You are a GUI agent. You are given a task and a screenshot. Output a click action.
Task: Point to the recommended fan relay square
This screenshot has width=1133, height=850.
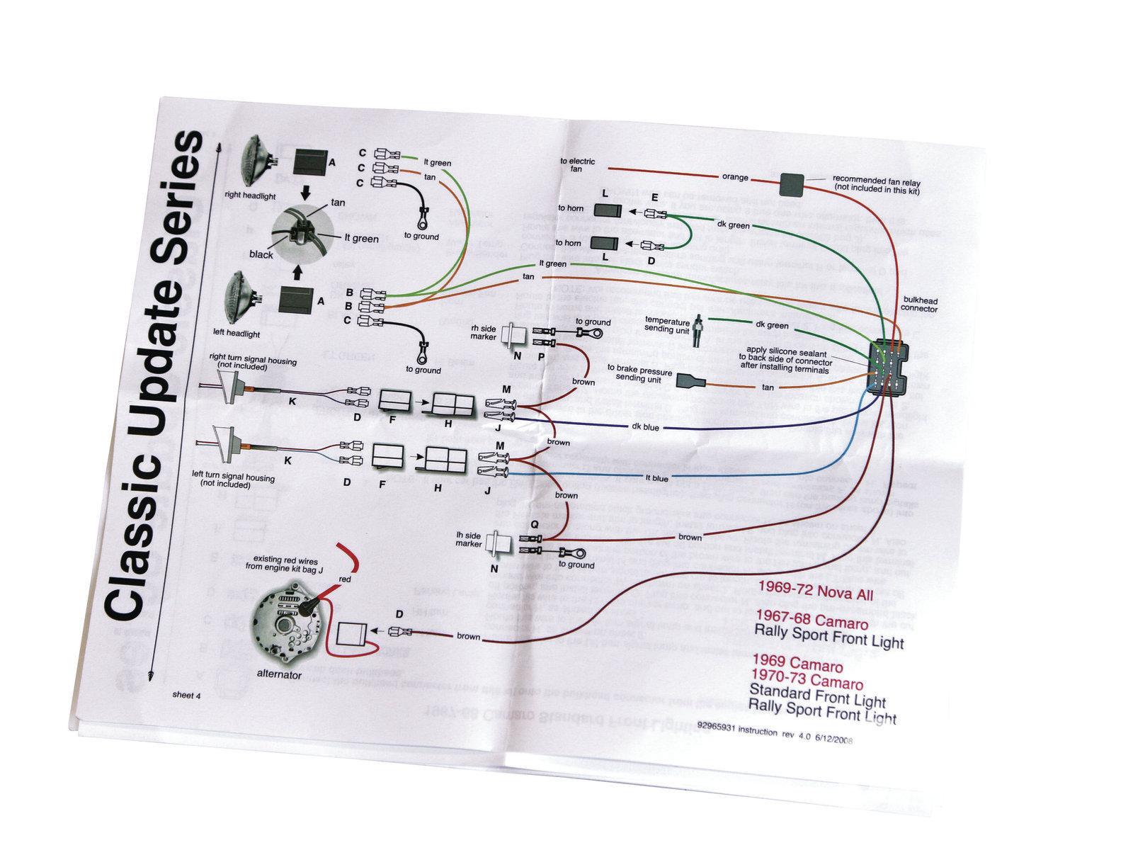point(791,184)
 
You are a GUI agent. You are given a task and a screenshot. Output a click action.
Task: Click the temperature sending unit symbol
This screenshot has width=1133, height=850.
point(698,329)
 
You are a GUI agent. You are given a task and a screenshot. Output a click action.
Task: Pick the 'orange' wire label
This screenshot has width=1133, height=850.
point(735,177)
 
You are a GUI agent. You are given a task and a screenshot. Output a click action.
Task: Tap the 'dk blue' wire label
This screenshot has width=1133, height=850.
point(644,427)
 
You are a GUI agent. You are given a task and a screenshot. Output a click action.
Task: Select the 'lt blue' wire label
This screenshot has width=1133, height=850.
point(657,478)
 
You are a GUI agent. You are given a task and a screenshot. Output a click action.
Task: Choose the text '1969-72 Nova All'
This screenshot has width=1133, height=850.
point(816,591)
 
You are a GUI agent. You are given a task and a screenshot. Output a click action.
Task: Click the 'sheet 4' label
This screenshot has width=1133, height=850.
point(187,695)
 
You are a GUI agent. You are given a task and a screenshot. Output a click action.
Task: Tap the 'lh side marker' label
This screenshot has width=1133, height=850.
point(469,539)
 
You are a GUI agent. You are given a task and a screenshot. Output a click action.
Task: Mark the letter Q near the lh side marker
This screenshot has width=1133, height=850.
point(534,525)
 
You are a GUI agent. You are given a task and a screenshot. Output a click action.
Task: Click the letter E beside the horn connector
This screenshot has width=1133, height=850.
point(654,198)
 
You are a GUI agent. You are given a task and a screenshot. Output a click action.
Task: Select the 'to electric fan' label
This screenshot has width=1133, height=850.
point(577,165)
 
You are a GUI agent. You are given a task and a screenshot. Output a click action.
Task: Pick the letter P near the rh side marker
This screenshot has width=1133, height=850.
point(542,357)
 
